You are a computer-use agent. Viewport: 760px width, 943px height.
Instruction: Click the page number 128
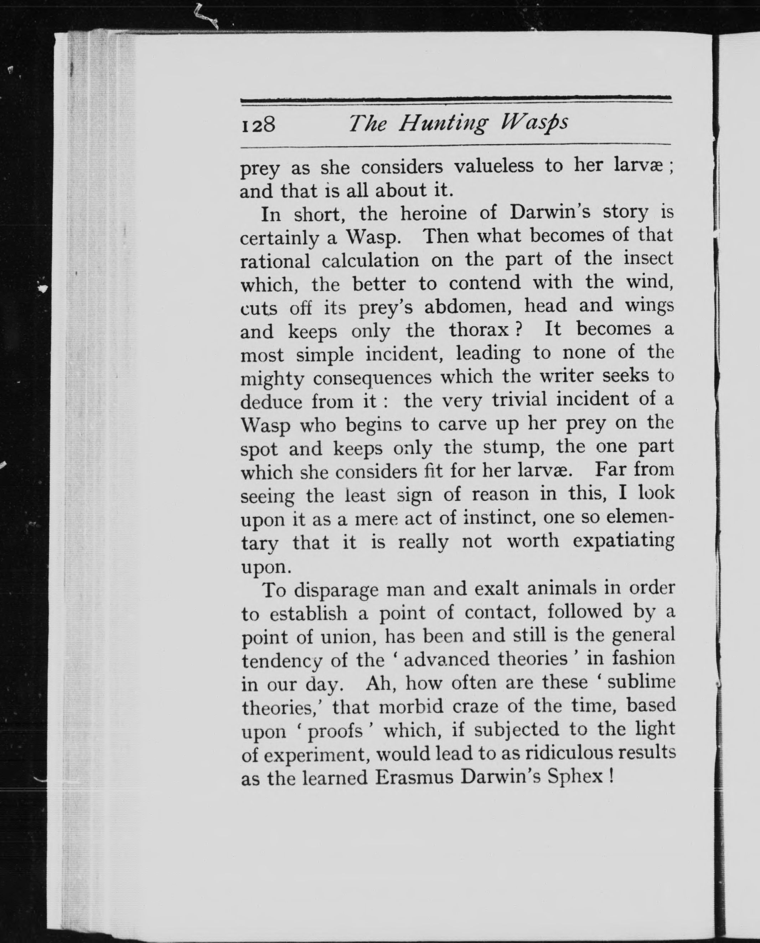coord(258,125)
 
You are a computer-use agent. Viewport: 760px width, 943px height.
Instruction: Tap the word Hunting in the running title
coord(442,124)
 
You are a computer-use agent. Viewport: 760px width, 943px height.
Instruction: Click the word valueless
coord(493,166)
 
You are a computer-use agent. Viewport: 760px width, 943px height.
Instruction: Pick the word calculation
coord(370,261)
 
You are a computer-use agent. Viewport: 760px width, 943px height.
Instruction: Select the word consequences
coord(372,377)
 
